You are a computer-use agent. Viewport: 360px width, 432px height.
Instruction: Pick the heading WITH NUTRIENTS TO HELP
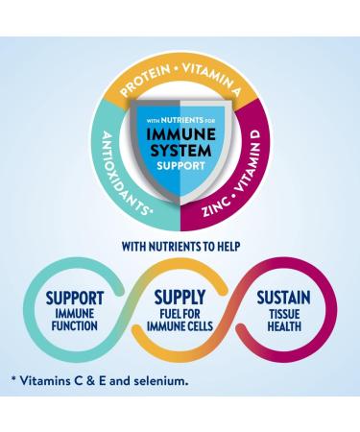pyautogui.click(x=180, y=246)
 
